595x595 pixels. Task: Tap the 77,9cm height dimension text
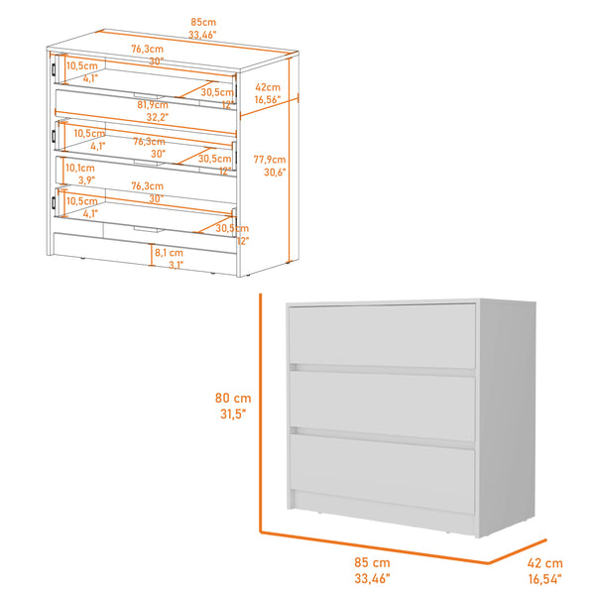269,159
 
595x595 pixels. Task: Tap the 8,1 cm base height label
167,252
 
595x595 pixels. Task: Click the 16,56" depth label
268,99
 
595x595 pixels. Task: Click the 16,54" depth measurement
545,577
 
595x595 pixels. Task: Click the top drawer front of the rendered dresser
383,335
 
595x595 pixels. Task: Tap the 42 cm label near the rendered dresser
545,562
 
